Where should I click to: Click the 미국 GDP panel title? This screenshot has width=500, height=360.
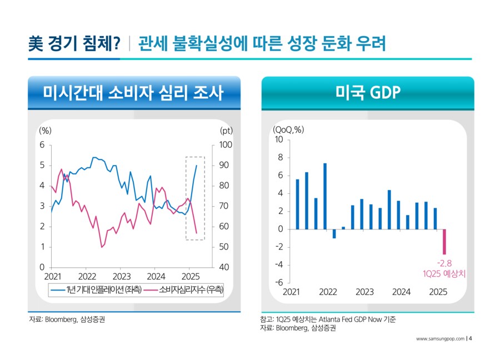click(368, 93)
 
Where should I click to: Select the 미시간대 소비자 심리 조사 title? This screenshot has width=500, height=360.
click(133, 93)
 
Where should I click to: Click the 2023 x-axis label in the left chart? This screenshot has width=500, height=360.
click(122, 276)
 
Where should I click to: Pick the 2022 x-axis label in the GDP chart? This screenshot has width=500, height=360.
click(328, 292)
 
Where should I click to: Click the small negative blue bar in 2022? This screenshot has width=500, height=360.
click(334, 234)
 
